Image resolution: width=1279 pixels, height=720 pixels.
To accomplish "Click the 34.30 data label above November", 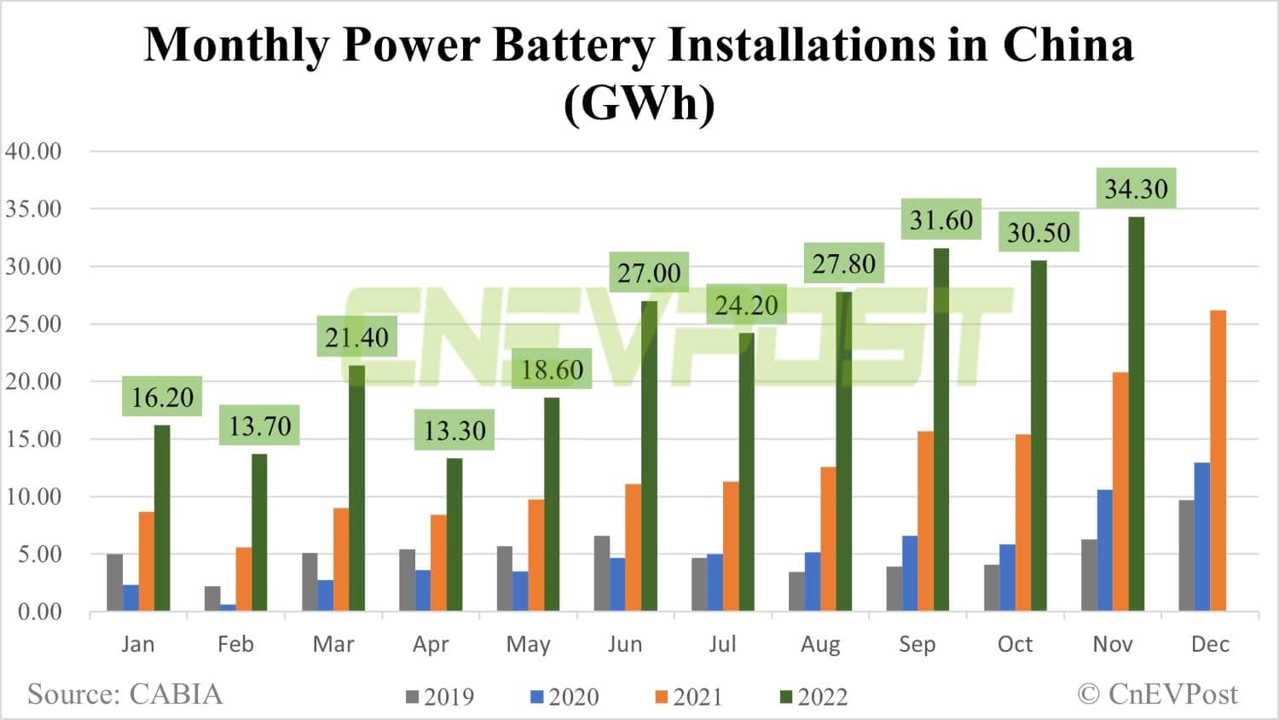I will point(1136,189).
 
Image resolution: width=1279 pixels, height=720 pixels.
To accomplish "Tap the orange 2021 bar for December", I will point(1218,461).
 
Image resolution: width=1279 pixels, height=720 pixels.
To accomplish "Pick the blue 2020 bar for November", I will point(1105,550).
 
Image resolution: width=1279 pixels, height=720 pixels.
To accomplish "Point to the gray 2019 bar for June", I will point(602,573).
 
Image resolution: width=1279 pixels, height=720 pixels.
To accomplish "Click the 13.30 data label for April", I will point(454,430).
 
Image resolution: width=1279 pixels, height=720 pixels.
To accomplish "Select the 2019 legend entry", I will point(440,697).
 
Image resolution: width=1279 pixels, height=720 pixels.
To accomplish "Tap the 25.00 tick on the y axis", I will point(33,324).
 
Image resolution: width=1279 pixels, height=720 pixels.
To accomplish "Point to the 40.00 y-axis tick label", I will point(33,151).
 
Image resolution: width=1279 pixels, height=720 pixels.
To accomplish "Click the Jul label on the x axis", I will point(722,644).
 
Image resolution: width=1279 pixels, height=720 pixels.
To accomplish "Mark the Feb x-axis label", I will point(235,644).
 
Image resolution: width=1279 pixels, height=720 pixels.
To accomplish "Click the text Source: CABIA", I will point(124,694).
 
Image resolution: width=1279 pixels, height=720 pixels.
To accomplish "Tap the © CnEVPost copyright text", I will point(1157,694).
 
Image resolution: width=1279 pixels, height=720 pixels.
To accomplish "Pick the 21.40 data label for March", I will point(356,337).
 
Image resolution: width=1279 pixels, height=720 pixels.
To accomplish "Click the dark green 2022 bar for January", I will point(162,518).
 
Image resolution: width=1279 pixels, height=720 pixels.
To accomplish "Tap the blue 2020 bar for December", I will point(1202,537).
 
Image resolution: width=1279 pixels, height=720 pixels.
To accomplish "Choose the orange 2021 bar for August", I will point(828,538).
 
